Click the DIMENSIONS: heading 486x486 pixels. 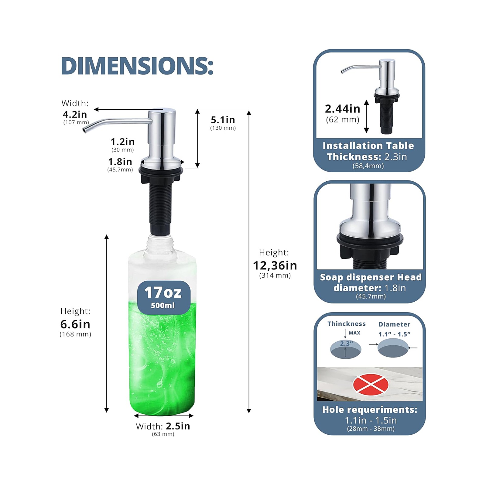coord(137,66)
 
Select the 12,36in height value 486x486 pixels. coord(275,265)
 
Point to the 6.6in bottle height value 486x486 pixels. coord(75,324)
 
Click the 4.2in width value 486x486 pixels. coord(75,115)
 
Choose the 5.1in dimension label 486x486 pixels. coord(223,120)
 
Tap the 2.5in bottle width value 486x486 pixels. coord(178,426)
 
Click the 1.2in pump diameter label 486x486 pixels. coord(122,142)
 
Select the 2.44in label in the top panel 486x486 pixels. coord(343,108)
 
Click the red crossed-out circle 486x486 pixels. coord(371,384)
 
